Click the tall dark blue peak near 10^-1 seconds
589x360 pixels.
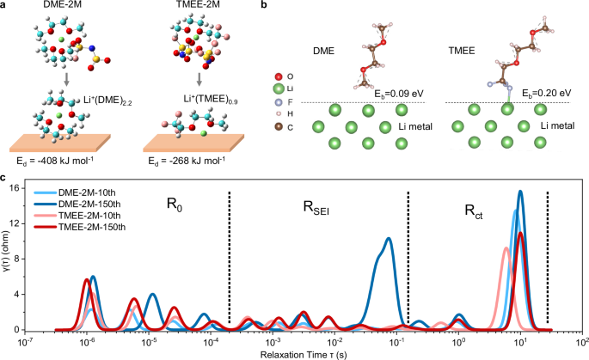click(389, 241)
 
